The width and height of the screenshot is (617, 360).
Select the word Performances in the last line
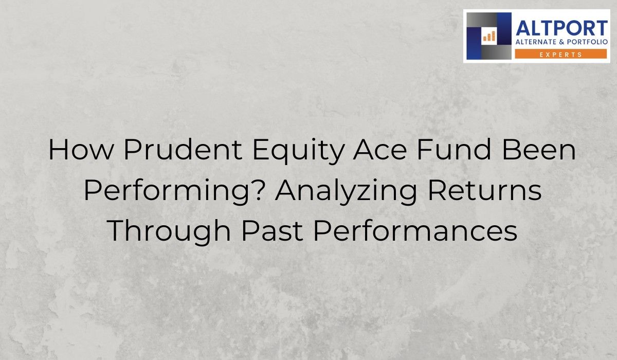tap(414, 231)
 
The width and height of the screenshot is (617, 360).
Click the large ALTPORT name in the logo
tap(561, 28)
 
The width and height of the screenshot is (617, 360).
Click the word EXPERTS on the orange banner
tap(561, 53)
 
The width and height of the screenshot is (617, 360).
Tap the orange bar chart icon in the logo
tap(488, 36)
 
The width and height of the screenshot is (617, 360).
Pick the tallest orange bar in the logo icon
tap(494, 35)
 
